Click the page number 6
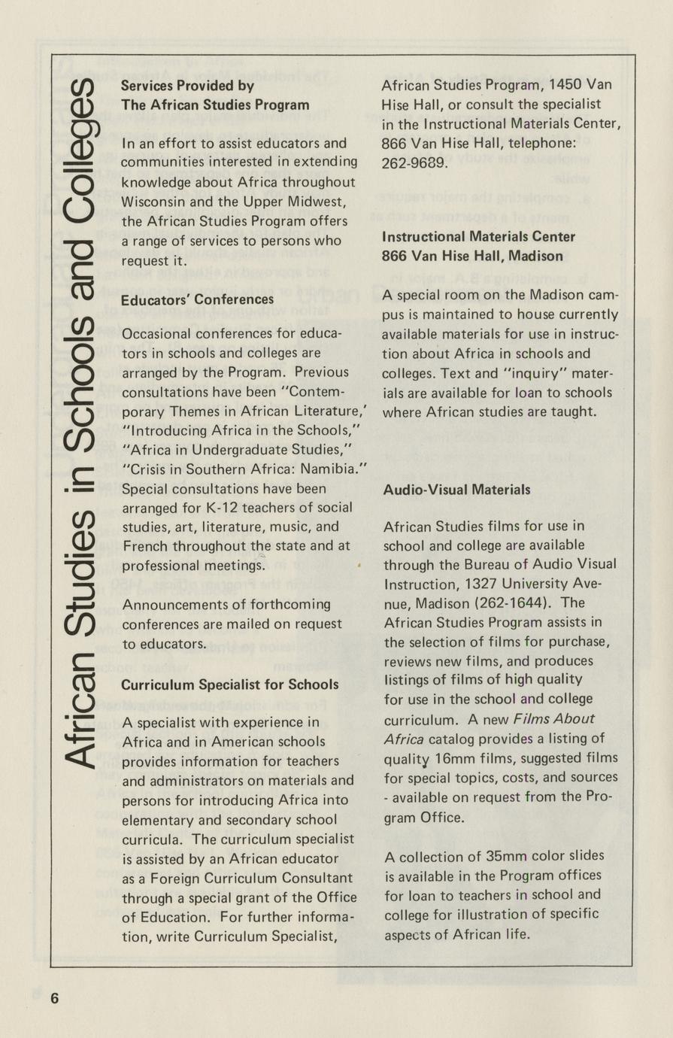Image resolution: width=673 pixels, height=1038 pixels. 54,998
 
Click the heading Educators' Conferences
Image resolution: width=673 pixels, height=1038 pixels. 197,299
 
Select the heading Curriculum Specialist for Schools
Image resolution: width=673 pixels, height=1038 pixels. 229,684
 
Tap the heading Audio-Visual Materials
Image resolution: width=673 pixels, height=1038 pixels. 456,490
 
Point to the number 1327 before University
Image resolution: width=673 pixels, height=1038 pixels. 489,583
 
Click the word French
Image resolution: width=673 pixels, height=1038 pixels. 144,546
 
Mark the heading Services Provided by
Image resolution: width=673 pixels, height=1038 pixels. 187,86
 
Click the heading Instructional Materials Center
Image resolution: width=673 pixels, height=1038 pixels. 478,237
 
